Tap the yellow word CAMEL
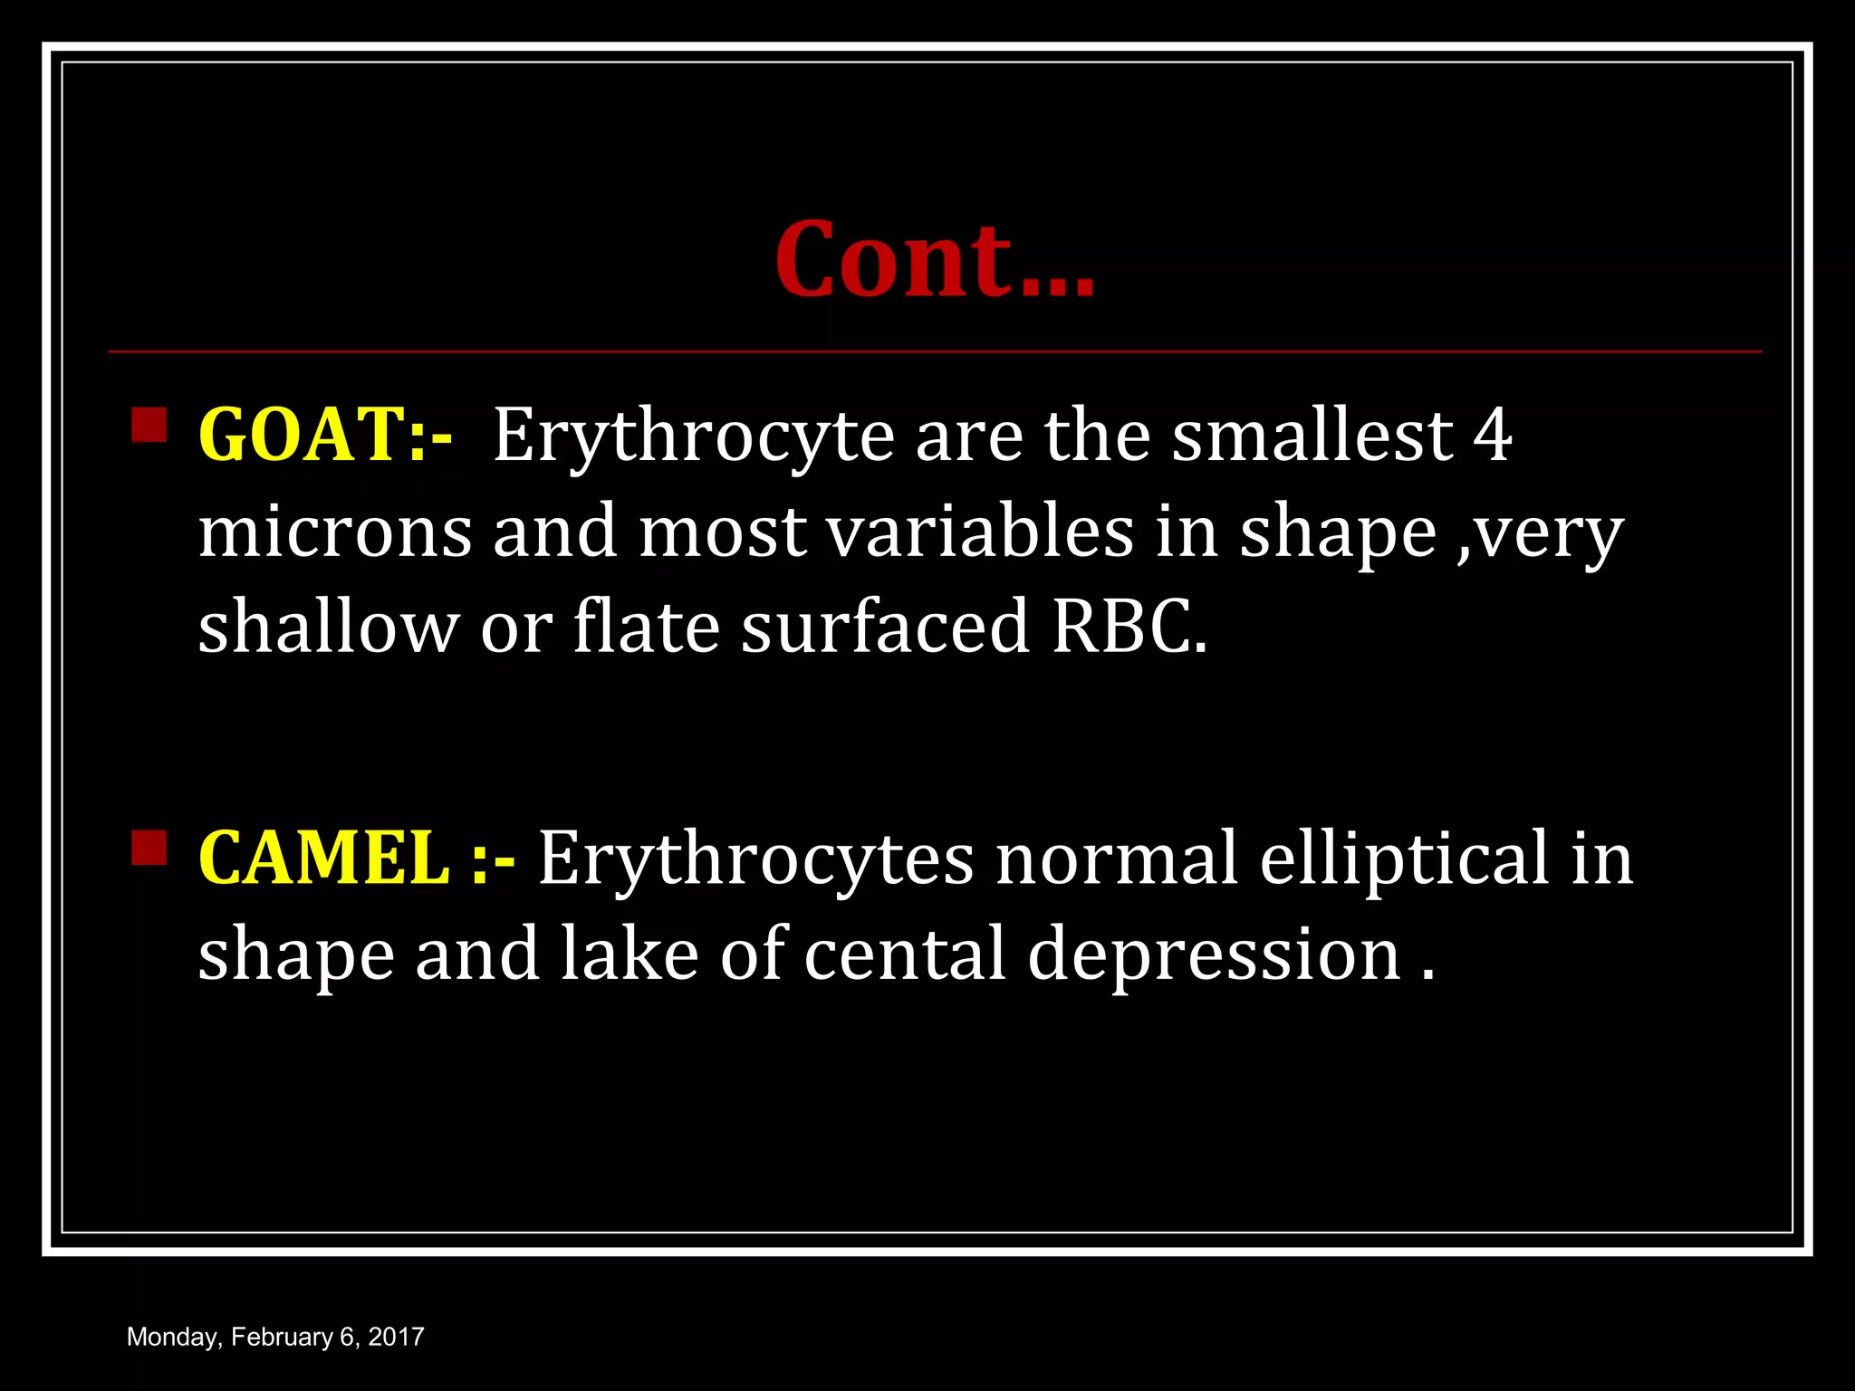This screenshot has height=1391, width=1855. [323, 859]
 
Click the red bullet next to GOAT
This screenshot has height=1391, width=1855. [149, 425]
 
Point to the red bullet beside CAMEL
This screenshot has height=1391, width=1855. [149, 848]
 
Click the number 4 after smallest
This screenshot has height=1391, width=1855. [1493, 436]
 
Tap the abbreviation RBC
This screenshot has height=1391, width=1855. [1129, 628]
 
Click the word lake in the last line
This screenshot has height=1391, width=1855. [630, 955]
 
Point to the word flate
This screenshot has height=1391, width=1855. [647, 626]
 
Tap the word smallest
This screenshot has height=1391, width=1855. [1312, 436]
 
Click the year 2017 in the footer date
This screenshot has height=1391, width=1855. [396, 1337]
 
